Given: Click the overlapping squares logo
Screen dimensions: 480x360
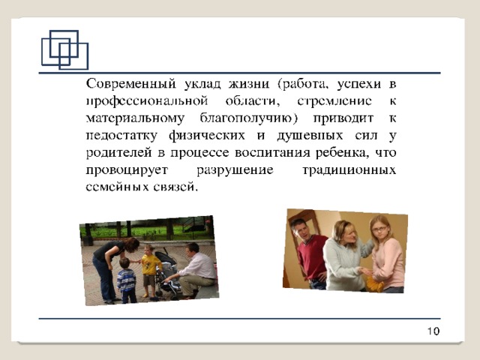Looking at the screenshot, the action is tap(65, 49).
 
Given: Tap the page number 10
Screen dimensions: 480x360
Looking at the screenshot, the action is tap(433, 331).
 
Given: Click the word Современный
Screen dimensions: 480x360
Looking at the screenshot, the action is tap(131, 83).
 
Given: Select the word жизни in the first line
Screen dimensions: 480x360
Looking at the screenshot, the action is tap(249, 83).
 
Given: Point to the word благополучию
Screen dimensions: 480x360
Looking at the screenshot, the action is tap(248, 118).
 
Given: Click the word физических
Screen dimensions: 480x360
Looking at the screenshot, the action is tap(207, 135).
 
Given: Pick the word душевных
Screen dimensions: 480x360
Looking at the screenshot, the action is tap(310, 135).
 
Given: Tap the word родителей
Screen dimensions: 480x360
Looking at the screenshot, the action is tap(118, 152).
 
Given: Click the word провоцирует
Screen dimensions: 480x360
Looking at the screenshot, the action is tap(127, 170).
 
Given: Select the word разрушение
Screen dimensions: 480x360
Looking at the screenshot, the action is tap(235, 170).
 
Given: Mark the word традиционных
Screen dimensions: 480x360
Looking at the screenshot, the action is tap(349, 170).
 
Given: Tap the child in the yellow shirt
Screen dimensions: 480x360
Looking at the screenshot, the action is tap(151, 270).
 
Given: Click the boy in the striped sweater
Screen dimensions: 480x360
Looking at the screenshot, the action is tap(126, 280).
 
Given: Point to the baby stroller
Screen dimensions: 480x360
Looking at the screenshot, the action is tap(168, 274).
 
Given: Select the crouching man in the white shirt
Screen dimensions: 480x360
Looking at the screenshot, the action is tap(193, 270).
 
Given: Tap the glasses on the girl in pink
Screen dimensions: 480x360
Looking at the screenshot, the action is tap(379, 229).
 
